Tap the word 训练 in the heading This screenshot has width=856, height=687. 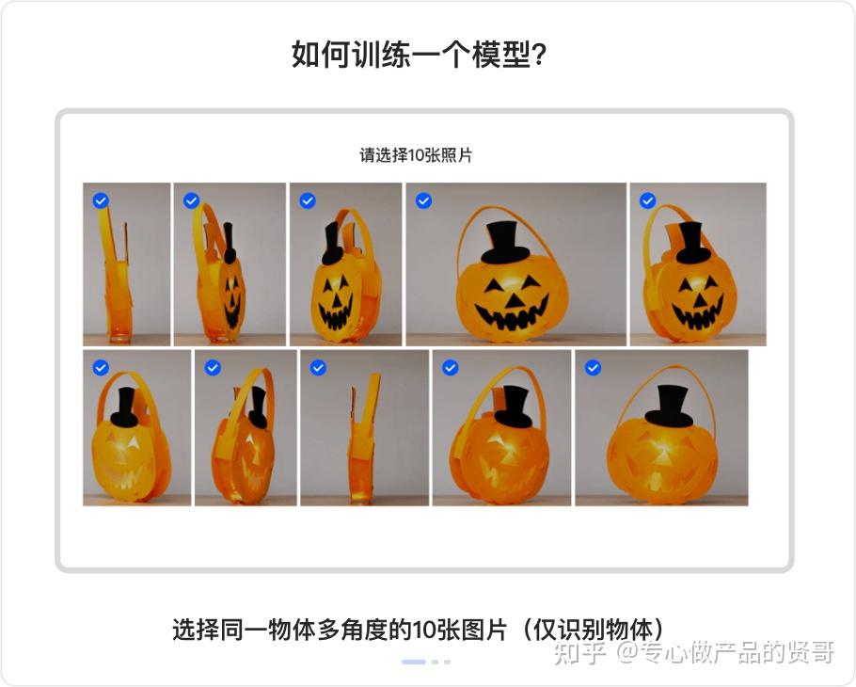(x=381, y=55)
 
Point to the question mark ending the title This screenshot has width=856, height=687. (x=539, y=55)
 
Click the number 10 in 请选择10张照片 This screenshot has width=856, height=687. (x=417, y=155)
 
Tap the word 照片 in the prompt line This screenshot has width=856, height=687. (x=457, y=155)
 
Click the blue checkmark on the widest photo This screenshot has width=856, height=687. (x=423, y=201)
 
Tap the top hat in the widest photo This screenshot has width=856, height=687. (x=505, y=242)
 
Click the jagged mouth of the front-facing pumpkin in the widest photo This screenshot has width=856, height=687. (x=511, y=314)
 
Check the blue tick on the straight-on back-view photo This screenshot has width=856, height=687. (x=593, y=368)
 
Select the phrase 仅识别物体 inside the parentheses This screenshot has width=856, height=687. (x=593, y=630)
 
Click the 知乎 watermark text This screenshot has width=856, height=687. (x=580, y=652)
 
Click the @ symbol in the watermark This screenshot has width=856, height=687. (x=627, y=653)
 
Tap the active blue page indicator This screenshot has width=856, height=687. (x=414, y=662)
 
